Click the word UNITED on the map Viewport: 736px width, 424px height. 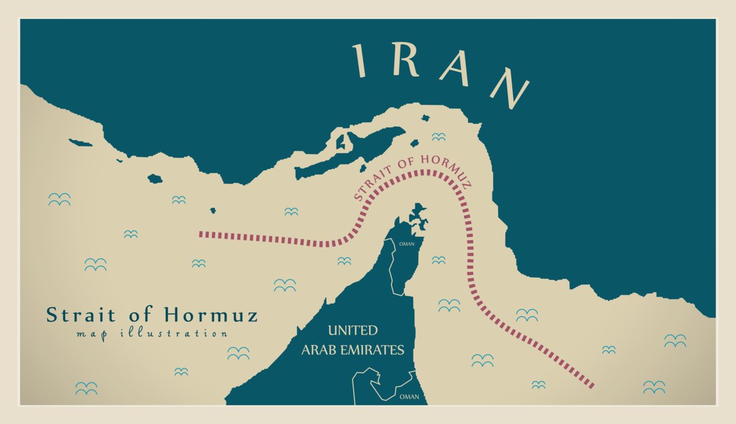[353, 331]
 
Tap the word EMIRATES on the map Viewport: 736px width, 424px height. [377, 350]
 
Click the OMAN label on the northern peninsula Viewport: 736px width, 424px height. [407, 244]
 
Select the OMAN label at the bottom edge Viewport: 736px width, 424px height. [409, 397]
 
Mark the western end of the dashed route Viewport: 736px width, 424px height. [200, 234]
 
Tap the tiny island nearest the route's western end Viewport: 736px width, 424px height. [213, 211]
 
